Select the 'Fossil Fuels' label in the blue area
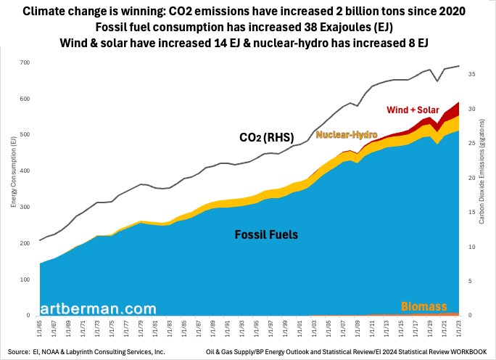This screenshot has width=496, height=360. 266,235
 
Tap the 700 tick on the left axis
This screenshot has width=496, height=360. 24,62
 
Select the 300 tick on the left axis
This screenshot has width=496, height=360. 24,208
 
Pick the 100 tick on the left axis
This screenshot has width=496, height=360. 24,279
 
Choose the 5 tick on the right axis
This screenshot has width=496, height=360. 471,282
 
